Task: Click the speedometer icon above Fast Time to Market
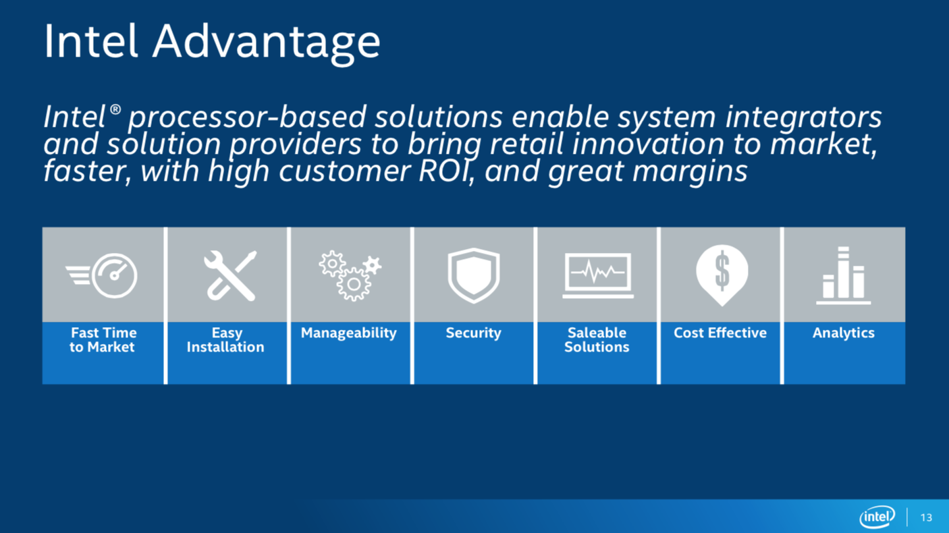pyautogui.click(x=101, y=275)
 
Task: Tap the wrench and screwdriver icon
pyautogui.click(x=230, y=275)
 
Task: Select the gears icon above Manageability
pyautogui.click(x=350, y=275)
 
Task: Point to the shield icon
pyautogui.click(x=474, y=275)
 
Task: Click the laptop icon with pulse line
pyautogui.click(x=598, y=275)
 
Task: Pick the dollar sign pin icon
pyautogui.click(x=722, y=275)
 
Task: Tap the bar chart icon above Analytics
pyautogui.click(x=843, y=275)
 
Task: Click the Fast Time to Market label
pyautogui.click(x=103, y=340)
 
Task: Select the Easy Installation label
pyautogui.click(x=226, y=340)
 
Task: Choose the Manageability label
pyautogui.click(x=349, y=333)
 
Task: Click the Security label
pyautogui.click(x=473, y=333)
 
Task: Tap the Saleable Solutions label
pyautogui.click(x=597, y=340)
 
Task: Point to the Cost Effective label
pyautogui.click(x=720, y=333)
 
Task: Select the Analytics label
pyautogui.click(x=844, y=333)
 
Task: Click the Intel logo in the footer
pyautogui.click(x=877, y=517)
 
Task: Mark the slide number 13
pyautogui.click(x=926, y=517)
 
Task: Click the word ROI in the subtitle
pyautogui.click(x=446, y=171)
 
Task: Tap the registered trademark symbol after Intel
pyautogui.click(x=115, y=110)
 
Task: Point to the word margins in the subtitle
pyautogui.click(x=690, y=172)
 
